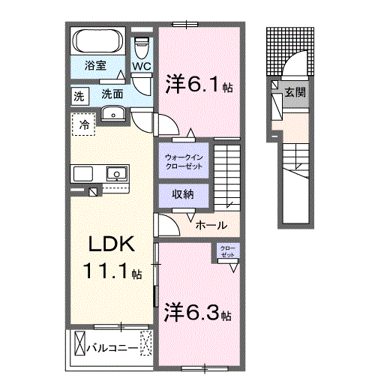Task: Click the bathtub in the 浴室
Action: click(100, 40)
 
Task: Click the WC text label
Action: click(142, 66)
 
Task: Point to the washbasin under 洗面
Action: click(113, 113)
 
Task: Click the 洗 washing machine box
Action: click(79, 95)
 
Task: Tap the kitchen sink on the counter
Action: click(116, 174)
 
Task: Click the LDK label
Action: click(112, 244)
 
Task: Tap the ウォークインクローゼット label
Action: click(182, 160)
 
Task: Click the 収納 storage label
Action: click(182, 194)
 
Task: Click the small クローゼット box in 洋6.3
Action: click(227, 252)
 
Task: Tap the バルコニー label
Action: click(110, 348)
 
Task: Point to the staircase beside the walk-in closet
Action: click(226, 172)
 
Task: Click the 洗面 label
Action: click(112, 94)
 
